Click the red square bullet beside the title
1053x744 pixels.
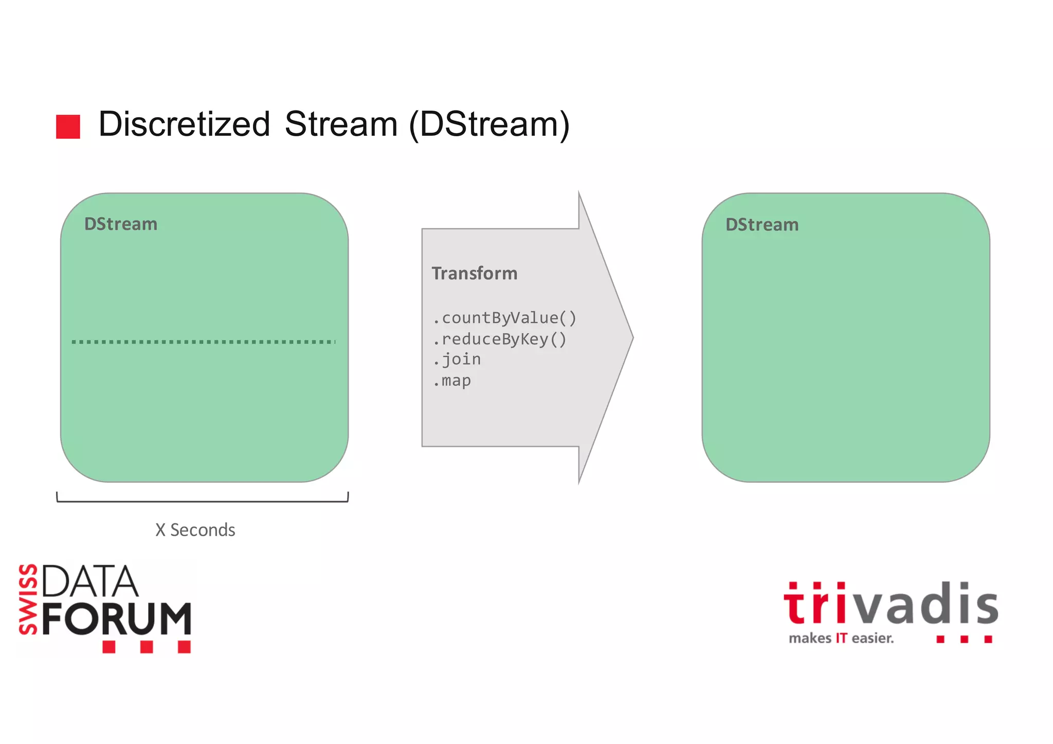pos(68,126)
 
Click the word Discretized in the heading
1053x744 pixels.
pos(184,124)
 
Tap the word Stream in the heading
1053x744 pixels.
pos(341,124)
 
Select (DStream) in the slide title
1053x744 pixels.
pos(489,124)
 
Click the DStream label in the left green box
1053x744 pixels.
pos(121,224)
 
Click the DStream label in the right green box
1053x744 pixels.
pos(762,225)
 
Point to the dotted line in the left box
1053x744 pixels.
pos(204,341)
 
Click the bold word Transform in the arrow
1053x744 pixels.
pos(475,274)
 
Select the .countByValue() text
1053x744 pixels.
pos(504,318)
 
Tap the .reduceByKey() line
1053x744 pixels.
pos(499,339)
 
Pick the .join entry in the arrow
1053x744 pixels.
pos(457,359)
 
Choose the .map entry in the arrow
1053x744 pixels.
pos(452,381)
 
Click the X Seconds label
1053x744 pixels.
pos(195,530)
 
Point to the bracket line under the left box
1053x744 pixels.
pos(203,501)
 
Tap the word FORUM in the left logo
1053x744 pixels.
pos(116,619)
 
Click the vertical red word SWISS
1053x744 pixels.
pos(28,600)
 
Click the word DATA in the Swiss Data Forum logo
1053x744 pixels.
pos(90,582)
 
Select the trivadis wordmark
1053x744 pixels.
pos(891,604)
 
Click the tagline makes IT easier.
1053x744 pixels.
pos(841,639)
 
